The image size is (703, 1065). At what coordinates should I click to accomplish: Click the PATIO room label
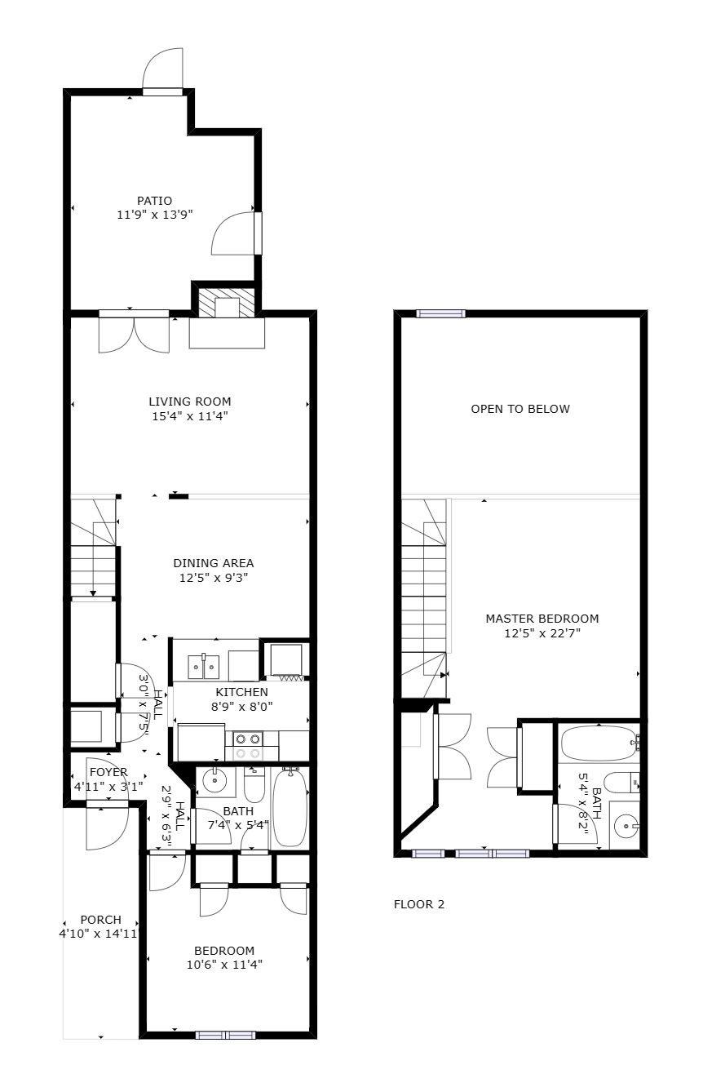(154, 200)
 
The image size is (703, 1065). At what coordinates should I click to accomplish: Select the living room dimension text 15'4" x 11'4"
(189, 416)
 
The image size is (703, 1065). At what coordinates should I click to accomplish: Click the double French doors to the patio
(134, 333)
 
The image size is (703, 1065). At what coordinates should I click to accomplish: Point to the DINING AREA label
(213, 563)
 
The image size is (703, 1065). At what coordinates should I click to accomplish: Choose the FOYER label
(108, 772)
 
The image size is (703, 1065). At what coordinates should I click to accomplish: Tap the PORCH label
(100, 920)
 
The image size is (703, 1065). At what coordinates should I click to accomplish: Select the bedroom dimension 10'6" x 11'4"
(224, 965)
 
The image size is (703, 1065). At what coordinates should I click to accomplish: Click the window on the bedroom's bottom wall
(225, 1035)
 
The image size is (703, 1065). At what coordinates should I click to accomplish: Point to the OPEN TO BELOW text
(520, 409)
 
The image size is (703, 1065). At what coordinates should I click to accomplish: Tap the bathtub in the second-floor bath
(598, 743)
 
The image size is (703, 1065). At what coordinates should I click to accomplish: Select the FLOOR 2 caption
(419, 904)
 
